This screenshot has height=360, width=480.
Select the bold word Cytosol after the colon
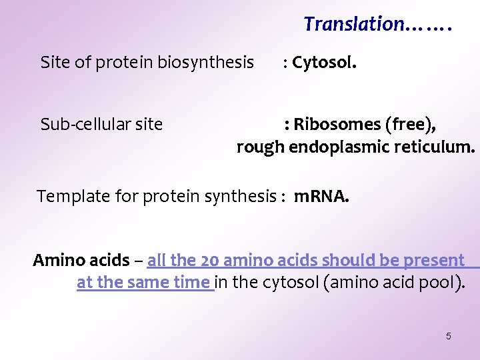tap(323, 63)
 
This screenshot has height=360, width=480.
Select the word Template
tap(70, 196)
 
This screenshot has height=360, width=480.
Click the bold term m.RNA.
tap(321, 196)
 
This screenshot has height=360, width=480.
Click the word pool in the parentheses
tap(436, 283)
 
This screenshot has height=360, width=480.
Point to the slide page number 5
tap(448, 336)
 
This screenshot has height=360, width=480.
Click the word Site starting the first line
tap(54, 63)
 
